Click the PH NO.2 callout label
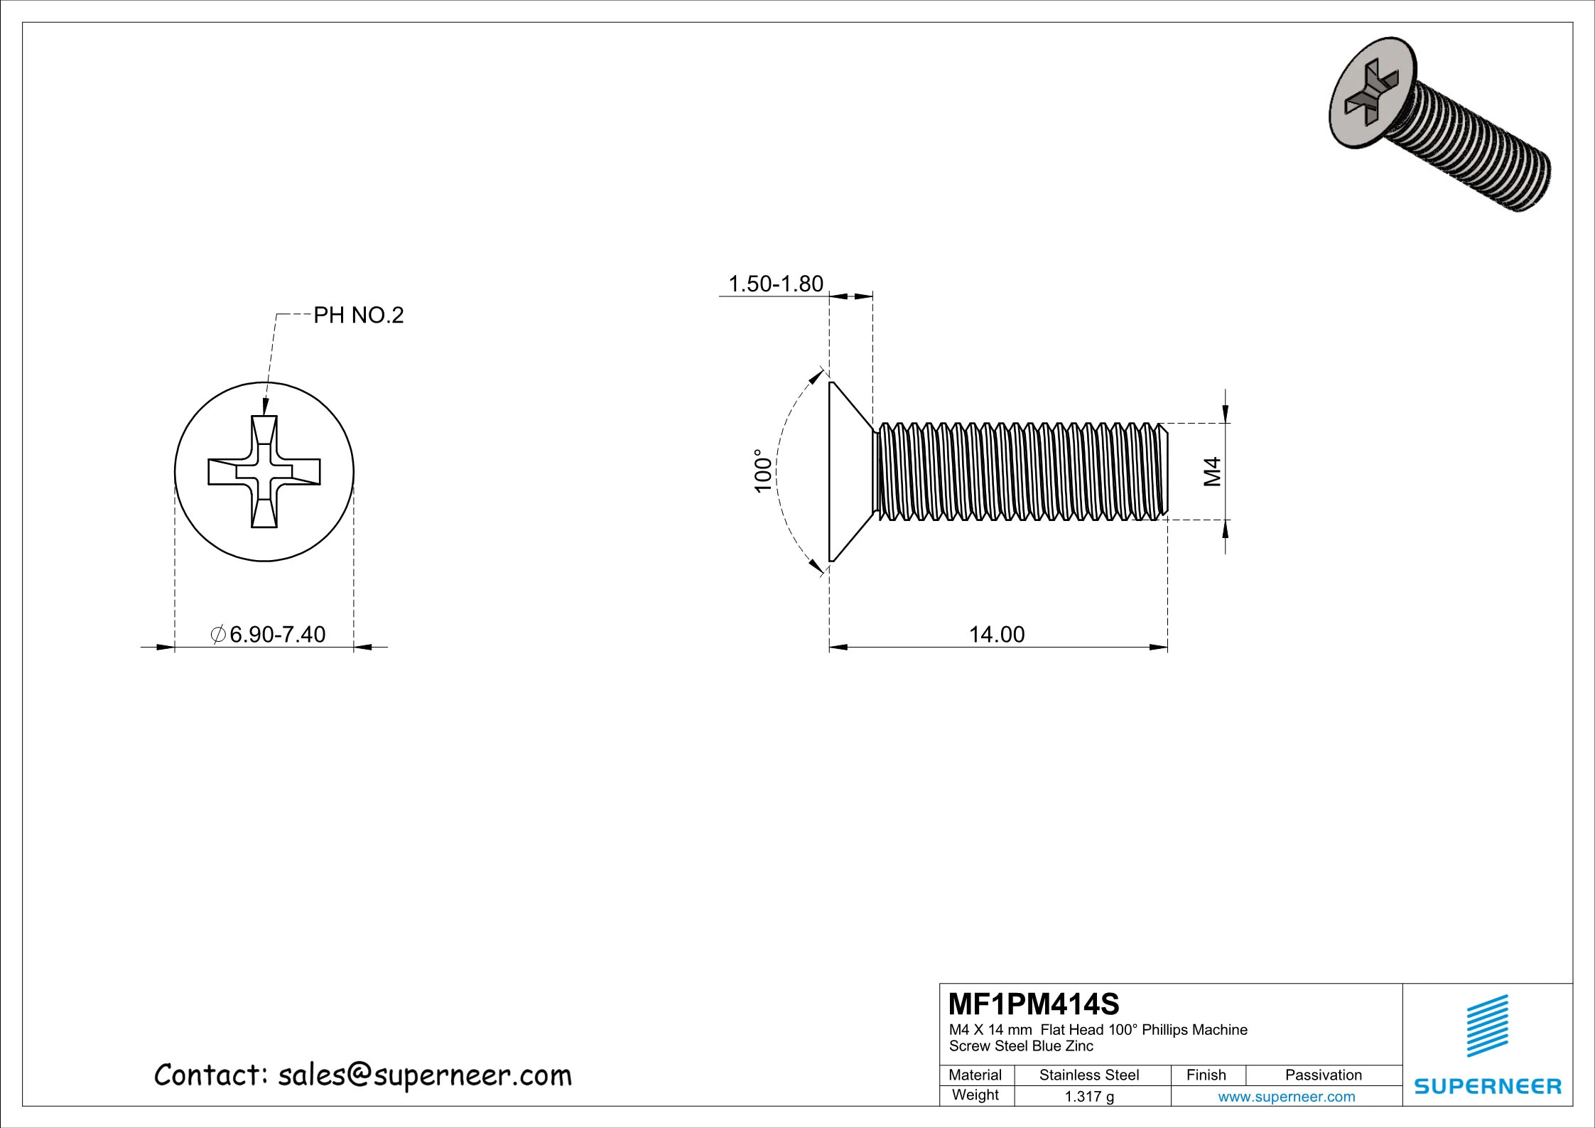pyautogui.click(x=358, y=315)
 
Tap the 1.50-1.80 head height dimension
pyautogui.click(x=775, y=284)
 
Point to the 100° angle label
pyautogui.click(x=762, y=471)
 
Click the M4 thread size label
pyautogui.click(x=1212, y=471)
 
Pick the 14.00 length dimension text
pyautogui.click(x=997, y=634)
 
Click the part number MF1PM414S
pyautogui.click(x=1034, y=1004)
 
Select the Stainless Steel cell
pyautogui.click(x=1088, y=1075)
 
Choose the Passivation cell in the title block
pyautogui.click(x=1323, y=1075)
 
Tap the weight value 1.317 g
pyautogui.click(x=1088, y=1096)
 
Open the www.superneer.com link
pyautogui.click(x=1286, y=1096)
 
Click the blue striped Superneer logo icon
pyautogui.click(x=1487, y=1026)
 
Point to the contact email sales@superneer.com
pyautogui.click(x=424, y=1075)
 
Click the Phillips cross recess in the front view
pyautogui.click(x=264, y=471)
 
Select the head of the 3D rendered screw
pyautogui.click(x=1373, y=92)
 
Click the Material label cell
pyautogui.click(x=975, y=1075)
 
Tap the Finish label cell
pyautogui.click(x=1206, y=1075)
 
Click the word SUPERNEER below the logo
pyautogui.click(x=1487, y=1086)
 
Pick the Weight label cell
pyautogui.click(x=975, y=1095)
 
